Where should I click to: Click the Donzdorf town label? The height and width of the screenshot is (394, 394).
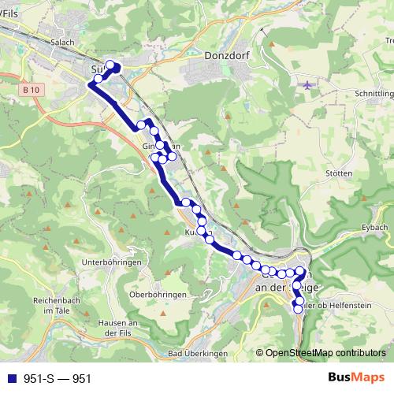(226, 57)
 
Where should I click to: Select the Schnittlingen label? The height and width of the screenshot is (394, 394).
(374, 92)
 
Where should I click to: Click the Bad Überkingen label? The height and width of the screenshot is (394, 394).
(193, 353)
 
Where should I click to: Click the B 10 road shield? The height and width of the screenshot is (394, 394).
(32, 91)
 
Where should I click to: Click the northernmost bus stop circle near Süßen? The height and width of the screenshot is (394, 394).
(110, 65)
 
